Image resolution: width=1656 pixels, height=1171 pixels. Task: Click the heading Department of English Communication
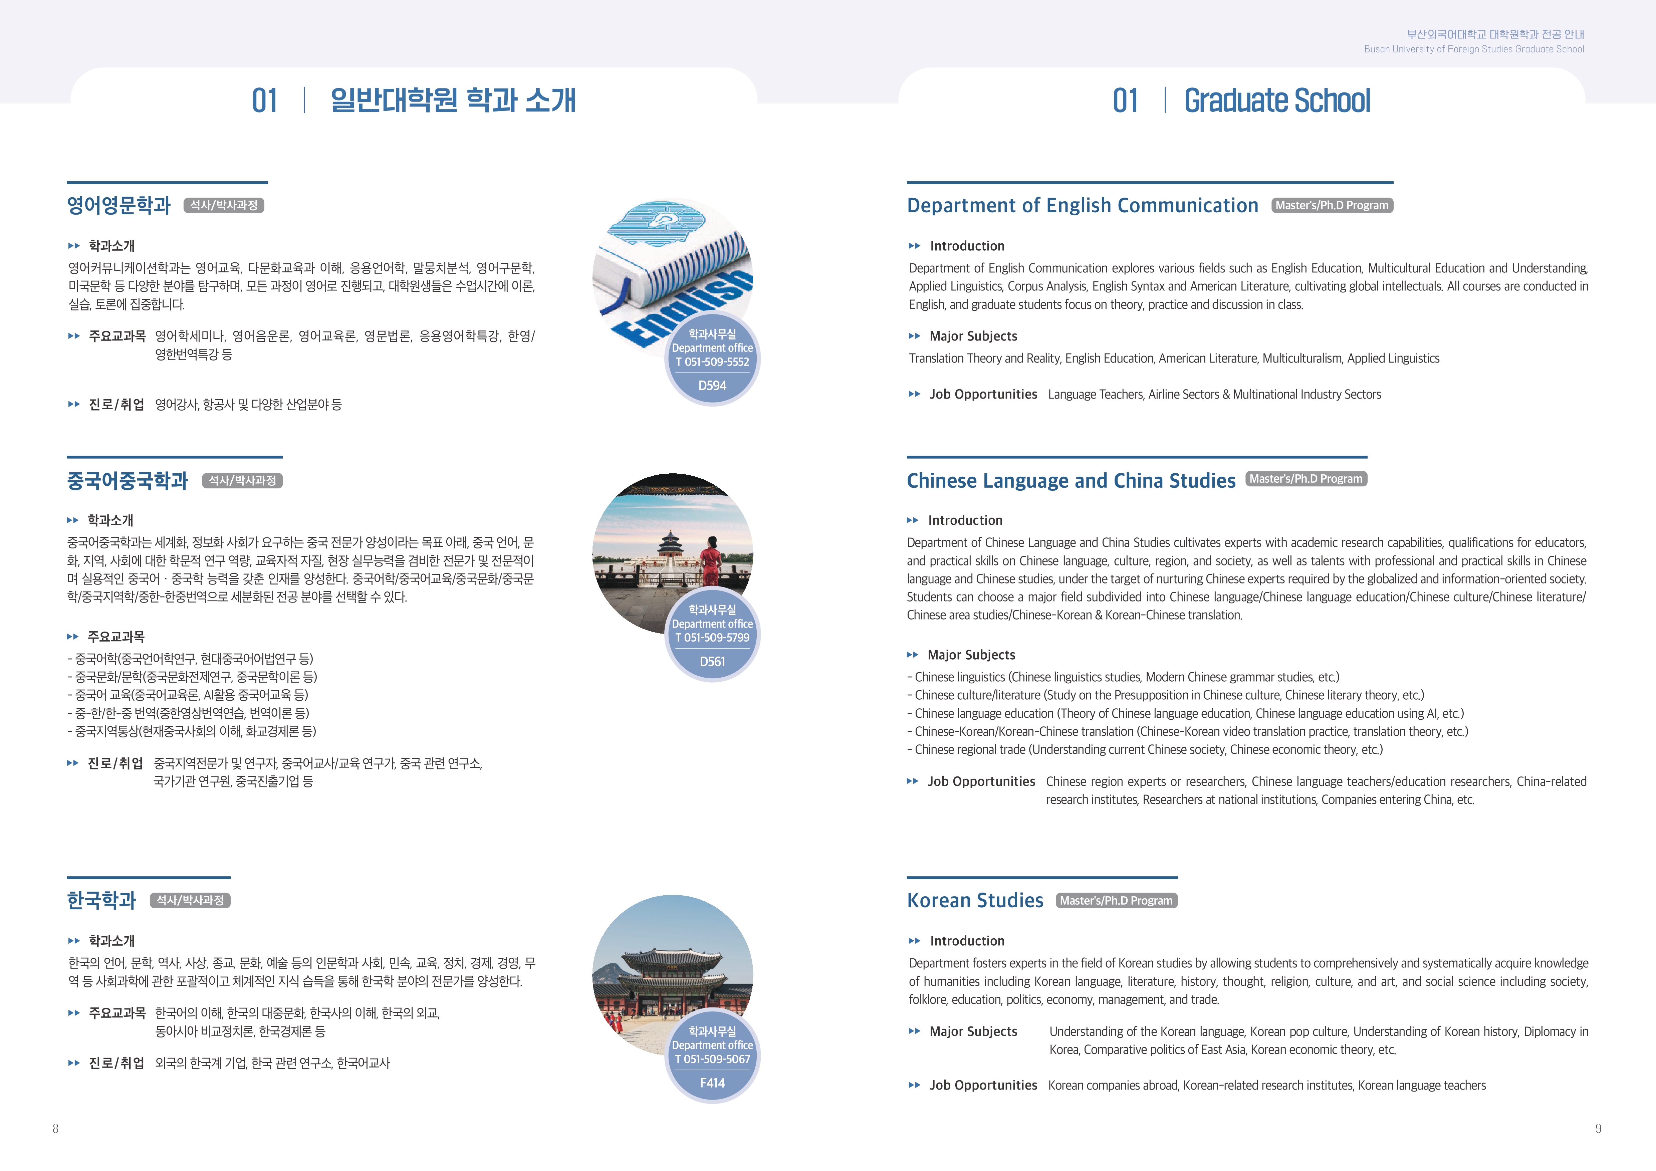(x=1082, y=206)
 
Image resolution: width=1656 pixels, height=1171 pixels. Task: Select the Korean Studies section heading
(x=974, y=901)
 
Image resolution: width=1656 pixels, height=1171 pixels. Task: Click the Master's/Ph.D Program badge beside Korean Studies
(x=1116, y=901)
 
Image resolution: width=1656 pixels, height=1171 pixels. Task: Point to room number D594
(x=712, y=386)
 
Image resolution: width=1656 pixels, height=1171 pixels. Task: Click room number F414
(x=712, y=1083)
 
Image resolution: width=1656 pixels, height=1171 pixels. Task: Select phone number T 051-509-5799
(x=712, y=638)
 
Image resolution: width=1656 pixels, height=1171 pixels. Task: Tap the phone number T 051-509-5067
(x=712, y=1059)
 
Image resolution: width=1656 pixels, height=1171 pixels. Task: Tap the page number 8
(x=55, y=1129)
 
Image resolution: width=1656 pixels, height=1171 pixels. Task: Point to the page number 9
(x=1598, y=1129)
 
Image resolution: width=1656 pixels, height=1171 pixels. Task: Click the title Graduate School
(x=1276, y=101)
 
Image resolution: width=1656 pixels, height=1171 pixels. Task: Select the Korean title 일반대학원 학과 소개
(x=453, y=101)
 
